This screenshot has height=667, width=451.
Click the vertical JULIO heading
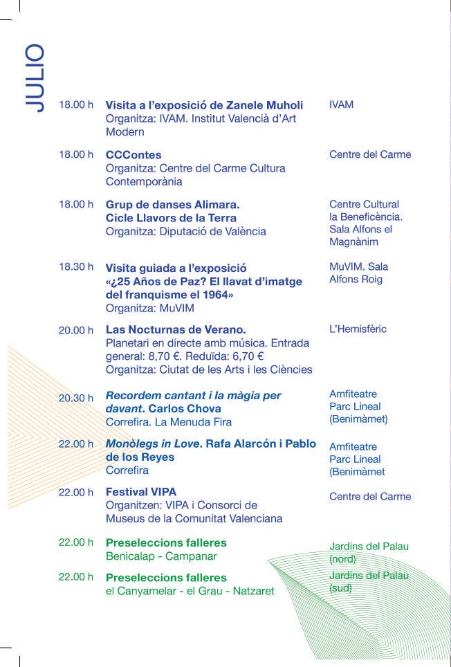click(33, 78)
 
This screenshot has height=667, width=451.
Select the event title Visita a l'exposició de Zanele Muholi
click(204, 105)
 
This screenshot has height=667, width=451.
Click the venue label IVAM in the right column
click(341, 105)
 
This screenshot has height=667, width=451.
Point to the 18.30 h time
click(76, 267)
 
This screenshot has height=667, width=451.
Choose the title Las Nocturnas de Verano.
click(176, 329)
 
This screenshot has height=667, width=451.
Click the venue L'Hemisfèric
click(358, 329)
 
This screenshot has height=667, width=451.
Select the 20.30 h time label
click(76, 398)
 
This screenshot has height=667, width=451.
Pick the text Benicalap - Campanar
click(161, 556)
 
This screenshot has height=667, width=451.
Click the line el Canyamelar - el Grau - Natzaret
click(190, 591)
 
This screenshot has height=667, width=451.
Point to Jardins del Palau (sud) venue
click(369, 582)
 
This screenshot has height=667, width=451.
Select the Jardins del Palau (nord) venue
click(369, 552)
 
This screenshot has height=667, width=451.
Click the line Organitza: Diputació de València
click(185, 232)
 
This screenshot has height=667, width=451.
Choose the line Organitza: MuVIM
click(150, 309)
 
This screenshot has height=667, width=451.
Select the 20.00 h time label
click(76, 330)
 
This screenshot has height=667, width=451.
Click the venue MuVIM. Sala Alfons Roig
click(358, 273)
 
